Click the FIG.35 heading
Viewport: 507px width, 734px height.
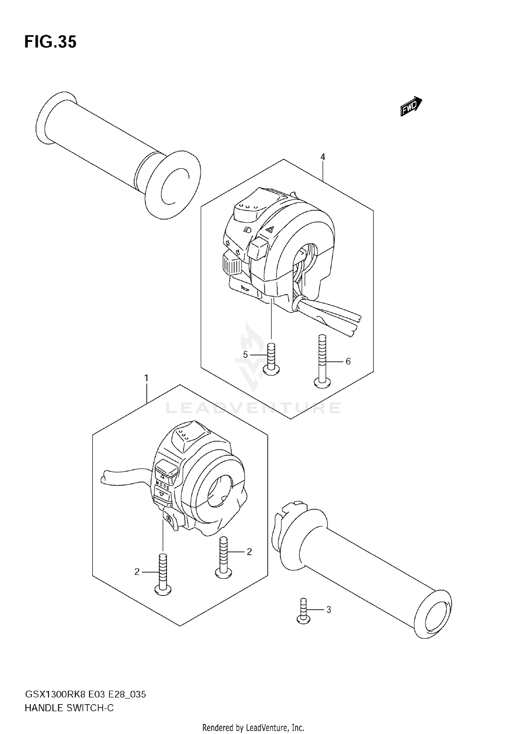click(50, 42)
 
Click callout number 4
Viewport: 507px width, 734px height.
click(323, 157)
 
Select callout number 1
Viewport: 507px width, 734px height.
click(146, 378)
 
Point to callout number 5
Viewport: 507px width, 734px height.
click(245, 354)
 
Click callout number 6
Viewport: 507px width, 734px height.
click(348, 361)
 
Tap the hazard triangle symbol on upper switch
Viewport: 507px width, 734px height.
click(269, 230)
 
